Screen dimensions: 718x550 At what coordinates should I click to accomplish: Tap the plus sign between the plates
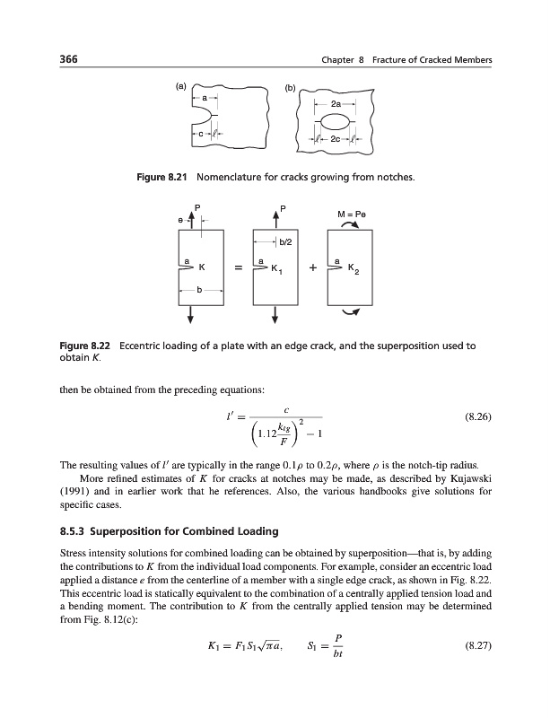310,267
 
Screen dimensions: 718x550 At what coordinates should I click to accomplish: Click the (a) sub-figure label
180,87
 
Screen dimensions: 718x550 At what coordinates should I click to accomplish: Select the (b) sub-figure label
289,88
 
